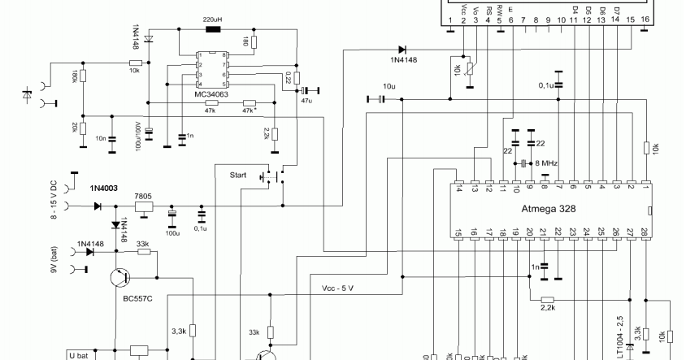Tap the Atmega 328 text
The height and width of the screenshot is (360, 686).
(x=549, y=208)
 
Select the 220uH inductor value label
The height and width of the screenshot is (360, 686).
(x=213, y=18)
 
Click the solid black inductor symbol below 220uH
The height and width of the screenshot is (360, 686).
(x=213, y=30)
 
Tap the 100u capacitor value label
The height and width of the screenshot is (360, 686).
(x=171, y=232)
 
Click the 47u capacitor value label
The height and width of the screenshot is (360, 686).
(x=306, y=99)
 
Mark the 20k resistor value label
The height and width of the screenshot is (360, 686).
(x=76, y=129)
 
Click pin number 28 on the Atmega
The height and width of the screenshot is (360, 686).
(x=645, y=233)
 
